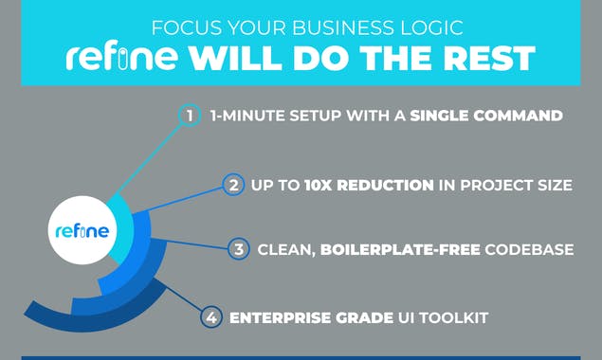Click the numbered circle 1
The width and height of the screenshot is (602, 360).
point(191,116)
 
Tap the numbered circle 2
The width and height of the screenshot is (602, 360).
point(232,184)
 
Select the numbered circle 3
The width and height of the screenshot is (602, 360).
point(239,250)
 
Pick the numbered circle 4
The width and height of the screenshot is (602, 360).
point(211,317)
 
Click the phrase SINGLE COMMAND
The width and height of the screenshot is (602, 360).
point(486,117)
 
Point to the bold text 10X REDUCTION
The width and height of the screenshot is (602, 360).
point(369,185)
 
